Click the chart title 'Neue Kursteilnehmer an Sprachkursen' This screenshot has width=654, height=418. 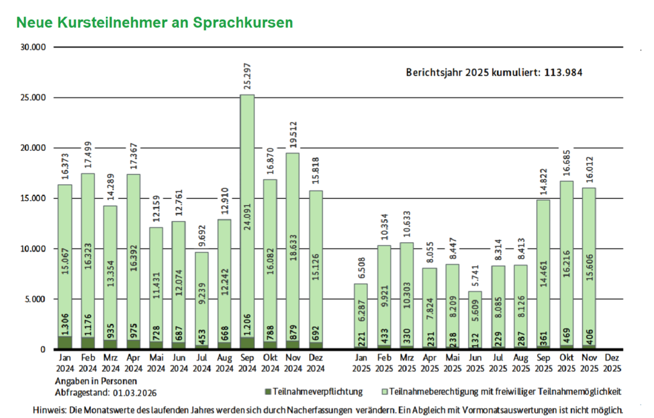click(154, 22)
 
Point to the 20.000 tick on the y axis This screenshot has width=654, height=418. click(34, 148)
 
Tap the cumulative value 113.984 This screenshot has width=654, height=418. click(563, 72)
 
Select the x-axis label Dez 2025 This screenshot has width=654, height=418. click(612, 364)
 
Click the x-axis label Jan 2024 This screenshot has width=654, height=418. click(65, 364)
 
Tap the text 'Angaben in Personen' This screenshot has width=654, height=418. click(96, 381)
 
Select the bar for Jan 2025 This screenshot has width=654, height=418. click(361, 316)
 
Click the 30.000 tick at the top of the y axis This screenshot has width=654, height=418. click(34, 47)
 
